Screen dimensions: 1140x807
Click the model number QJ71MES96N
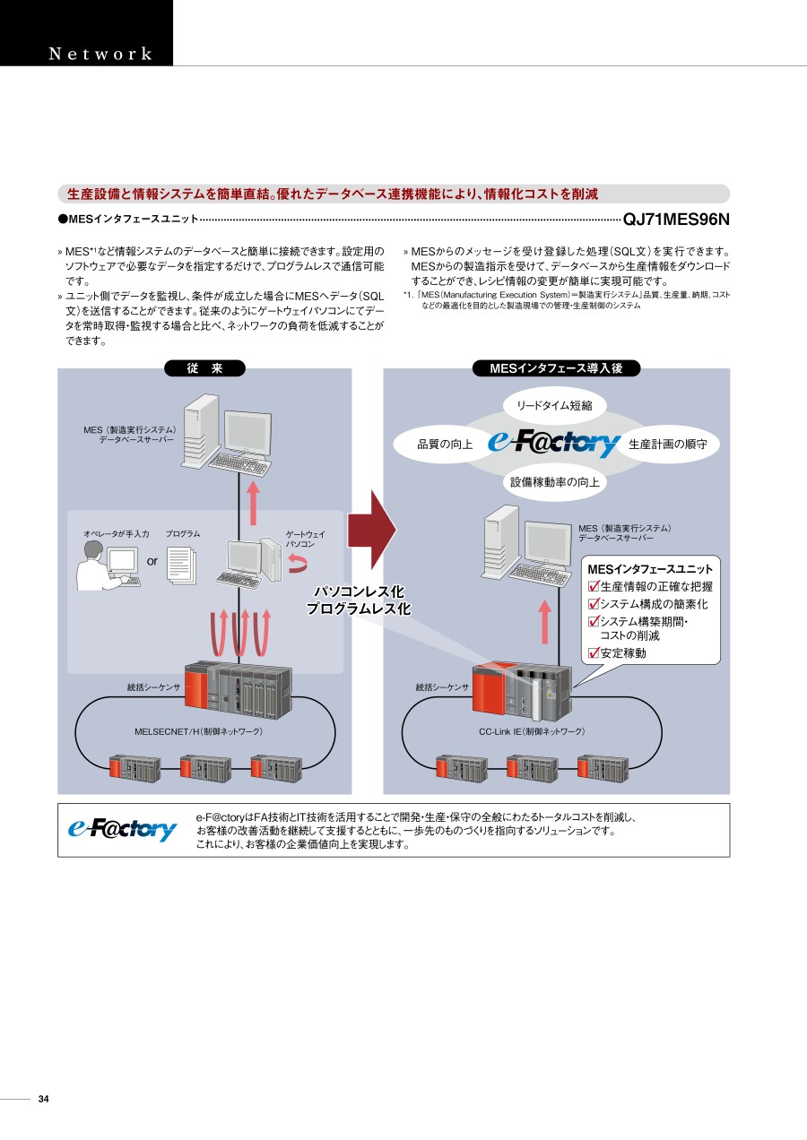[x=676, y=219]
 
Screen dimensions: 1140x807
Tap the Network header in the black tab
[x=100, y=54]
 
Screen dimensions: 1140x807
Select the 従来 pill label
[x=204, y=368]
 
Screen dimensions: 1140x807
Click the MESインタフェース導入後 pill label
[x=556, y=368]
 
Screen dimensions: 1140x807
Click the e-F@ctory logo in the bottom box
[x=123, y=830]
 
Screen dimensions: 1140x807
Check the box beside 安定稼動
[x=593, y=653]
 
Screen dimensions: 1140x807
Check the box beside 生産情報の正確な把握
[x=593, y=587]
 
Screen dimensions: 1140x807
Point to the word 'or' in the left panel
[x=152, y=561]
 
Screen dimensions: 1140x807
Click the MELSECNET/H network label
[x=198, y=731]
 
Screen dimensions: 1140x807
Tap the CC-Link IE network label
[x=532, y=731]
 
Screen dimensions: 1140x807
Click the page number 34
[x=44, y=1100]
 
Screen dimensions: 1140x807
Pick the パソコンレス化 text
[x=359, y=592]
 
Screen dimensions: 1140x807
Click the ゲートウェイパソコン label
[x=306, y=539]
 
